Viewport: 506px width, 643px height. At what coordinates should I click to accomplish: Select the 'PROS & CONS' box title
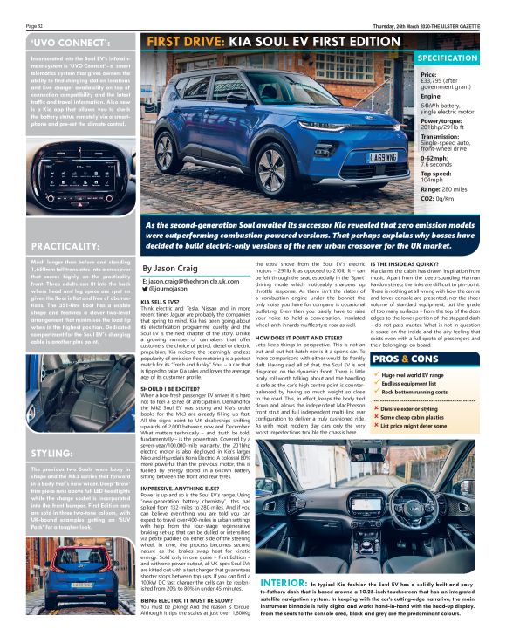(x=407, y=359)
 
